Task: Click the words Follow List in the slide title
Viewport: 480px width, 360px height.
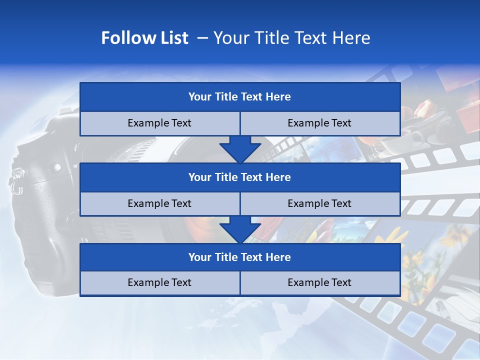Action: pos(144,38)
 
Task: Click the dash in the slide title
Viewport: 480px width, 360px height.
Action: pos(202,38)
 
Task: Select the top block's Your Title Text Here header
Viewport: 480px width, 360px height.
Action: pos(239,97)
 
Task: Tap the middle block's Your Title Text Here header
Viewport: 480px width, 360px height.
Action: pos(239,177)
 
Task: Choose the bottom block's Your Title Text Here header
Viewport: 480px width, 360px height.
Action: pos(239,257)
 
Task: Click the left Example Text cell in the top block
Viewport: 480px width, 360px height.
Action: pos(159,123)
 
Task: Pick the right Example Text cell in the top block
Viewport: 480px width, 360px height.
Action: pos(319,123)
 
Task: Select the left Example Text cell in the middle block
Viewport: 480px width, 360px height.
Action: pos(159,203)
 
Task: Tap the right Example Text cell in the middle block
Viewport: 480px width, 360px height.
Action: pos(319,203)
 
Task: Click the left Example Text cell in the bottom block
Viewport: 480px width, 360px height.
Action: pos(159,282)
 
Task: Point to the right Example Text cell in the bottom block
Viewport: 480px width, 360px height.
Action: pos(319,282)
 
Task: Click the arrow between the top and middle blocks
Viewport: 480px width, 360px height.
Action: pos(240,149)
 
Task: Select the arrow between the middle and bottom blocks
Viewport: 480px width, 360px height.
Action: pos(240,229)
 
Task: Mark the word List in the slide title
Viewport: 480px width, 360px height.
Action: pos(172,38)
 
